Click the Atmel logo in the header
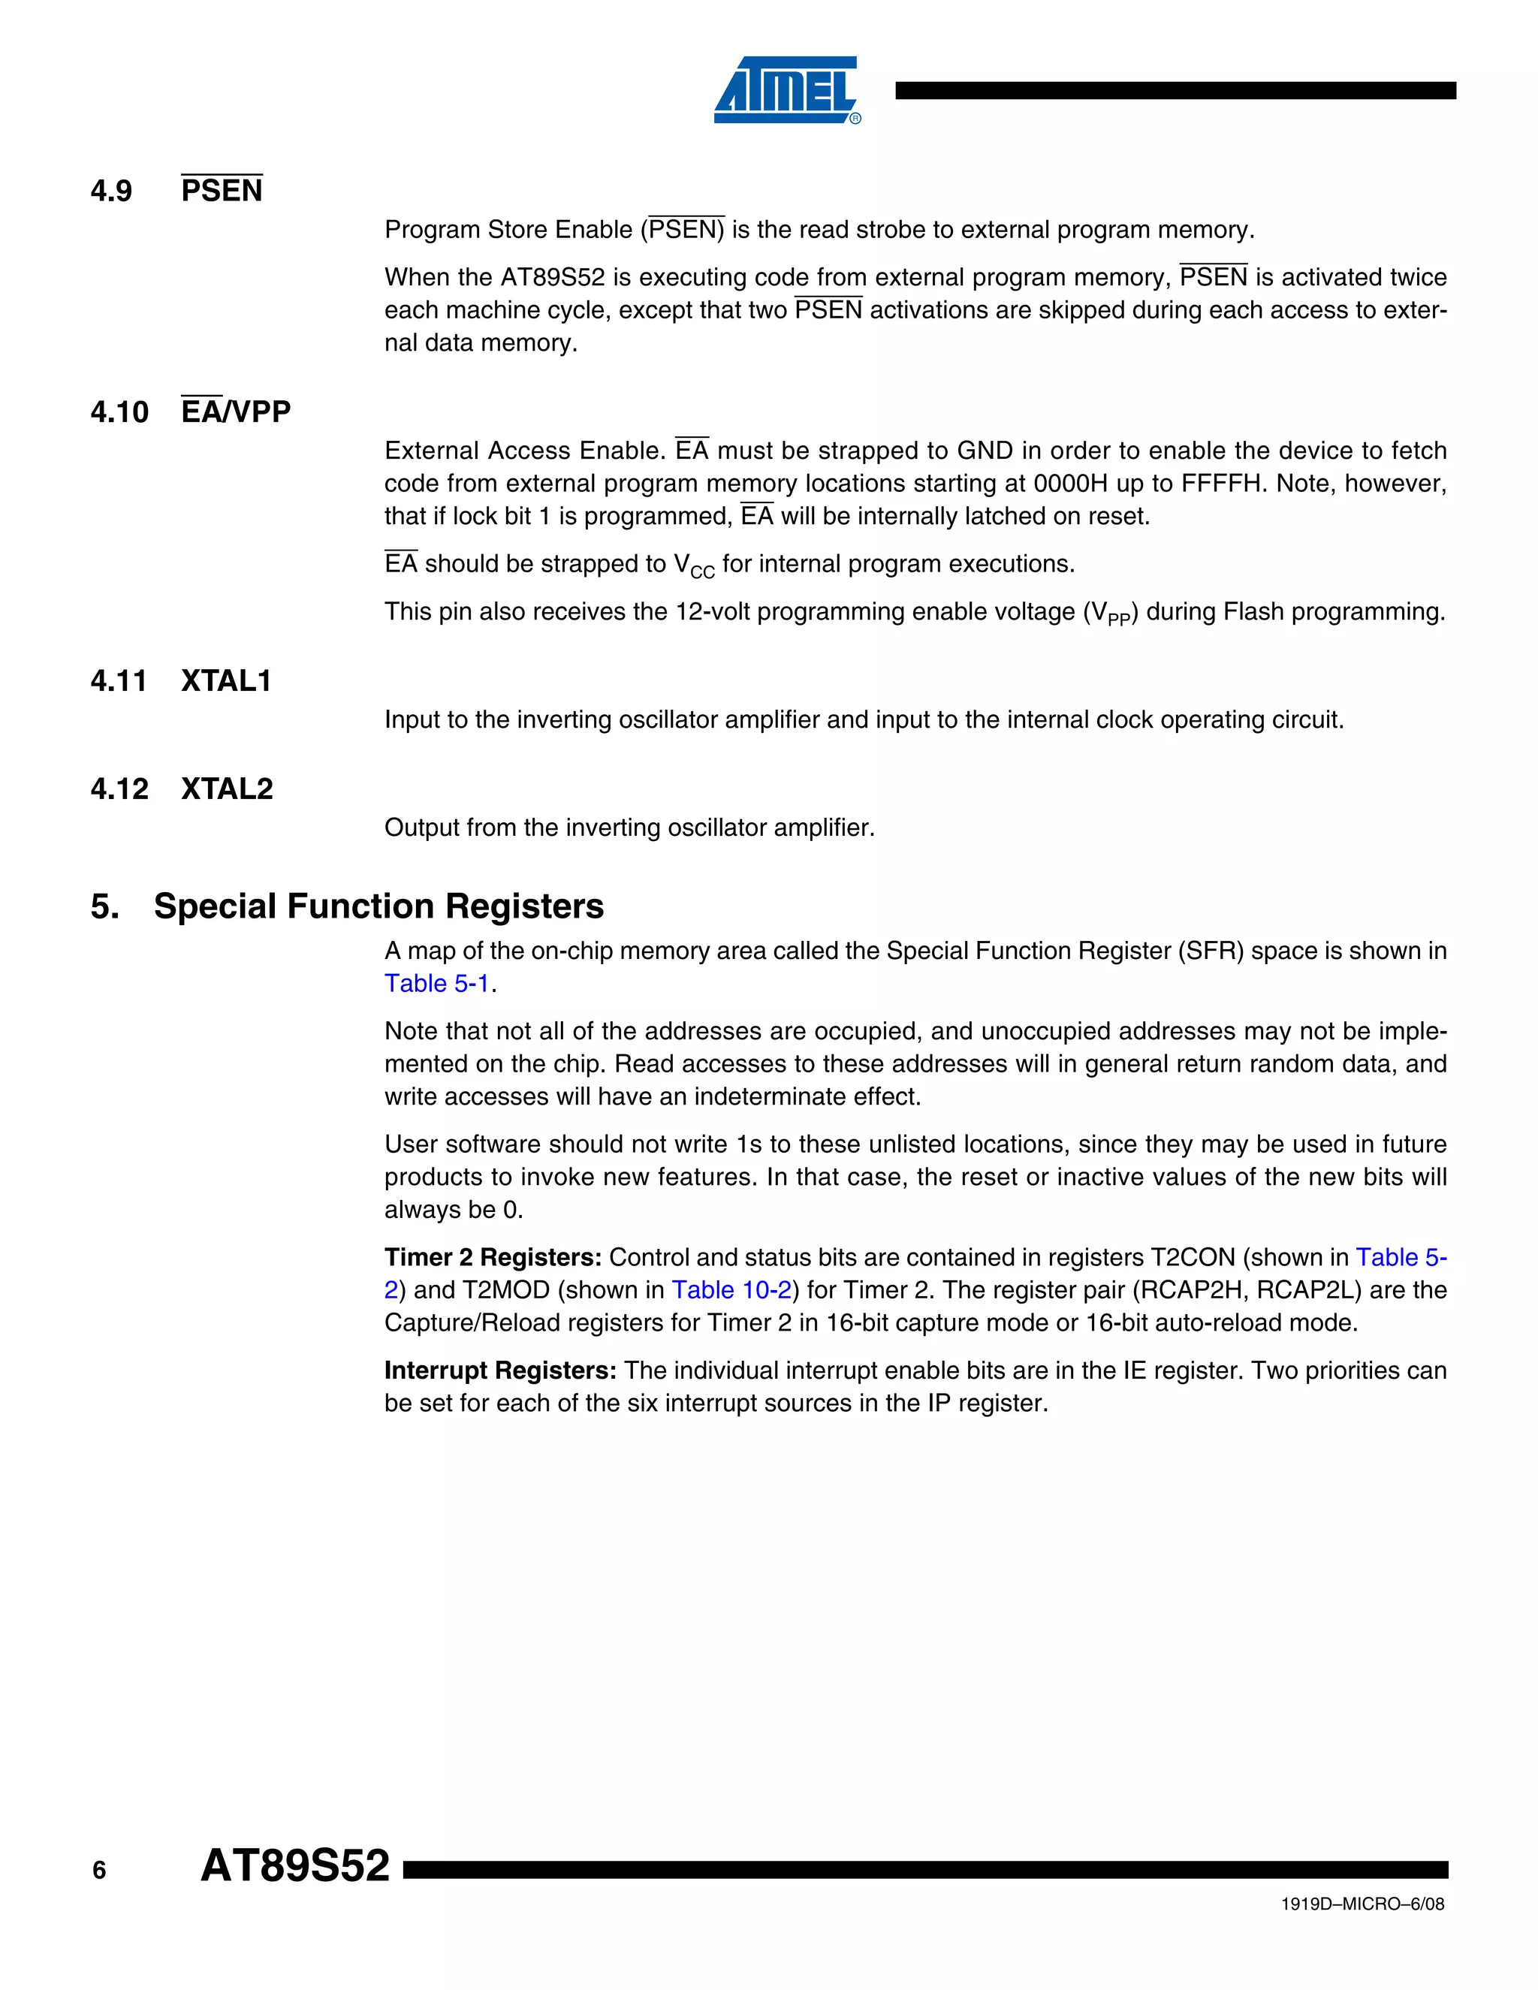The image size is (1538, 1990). tap(786, 90)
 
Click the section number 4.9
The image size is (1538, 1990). tap(111, 191)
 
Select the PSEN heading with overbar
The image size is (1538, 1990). tap(222, 191)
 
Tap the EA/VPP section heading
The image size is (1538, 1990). tap(236, 412)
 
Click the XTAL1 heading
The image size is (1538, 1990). tap(226, 682)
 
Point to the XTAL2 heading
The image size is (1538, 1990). tap(227, 789)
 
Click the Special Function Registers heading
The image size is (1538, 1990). tap(378, 906)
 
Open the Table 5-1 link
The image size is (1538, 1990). tap(436, 984)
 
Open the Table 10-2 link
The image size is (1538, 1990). tap(731, 1290)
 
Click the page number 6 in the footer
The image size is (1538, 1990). tap(99, 1871)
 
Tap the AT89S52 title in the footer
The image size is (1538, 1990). tap(294, 1866)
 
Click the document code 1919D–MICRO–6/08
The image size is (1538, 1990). tap(1362, 1904)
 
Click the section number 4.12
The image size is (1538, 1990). tap(119, 789)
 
